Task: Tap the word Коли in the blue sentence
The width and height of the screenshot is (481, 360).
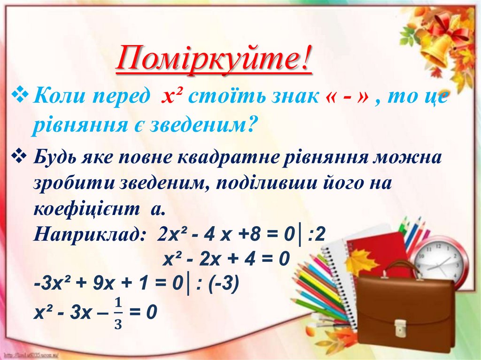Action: pyautogui.click(x=59, y=98)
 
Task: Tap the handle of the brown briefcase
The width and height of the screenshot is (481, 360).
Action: pyautogui.click(x=402, y=269)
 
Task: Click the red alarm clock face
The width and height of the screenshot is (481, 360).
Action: pyautogui.click(x=440, y=262)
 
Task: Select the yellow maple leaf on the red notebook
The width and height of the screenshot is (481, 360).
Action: pyautogui.click(x=361, y=261)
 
